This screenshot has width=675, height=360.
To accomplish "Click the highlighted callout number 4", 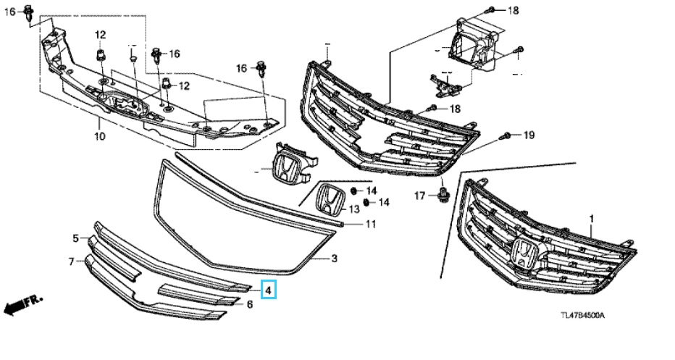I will (268, 290).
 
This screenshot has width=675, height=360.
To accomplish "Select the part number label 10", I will (100, 135).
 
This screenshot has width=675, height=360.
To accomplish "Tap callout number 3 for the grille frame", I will (334, 259).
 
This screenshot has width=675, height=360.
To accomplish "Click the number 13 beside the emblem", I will (353, 209).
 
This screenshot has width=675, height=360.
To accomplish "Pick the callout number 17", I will (419, 196).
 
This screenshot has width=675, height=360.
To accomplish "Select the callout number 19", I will (529, 135).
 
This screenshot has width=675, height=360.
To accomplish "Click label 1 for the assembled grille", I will (591, 218).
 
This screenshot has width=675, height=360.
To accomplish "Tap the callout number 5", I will (75, 238).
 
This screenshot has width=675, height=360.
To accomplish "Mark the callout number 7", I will (71, 261).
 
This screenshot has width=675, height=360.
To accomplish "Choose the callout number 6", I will (249, 304).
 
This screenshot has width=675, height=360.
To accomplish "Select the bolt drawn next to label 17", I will (440, 194).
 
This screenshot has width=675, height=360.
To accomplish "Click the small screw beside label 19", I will (507, 135).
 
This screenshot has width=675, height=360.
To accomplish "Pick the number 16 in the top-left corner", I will (10, 12).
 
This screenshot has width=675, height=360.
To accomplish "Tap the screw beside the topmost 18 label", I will (490, 11).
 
